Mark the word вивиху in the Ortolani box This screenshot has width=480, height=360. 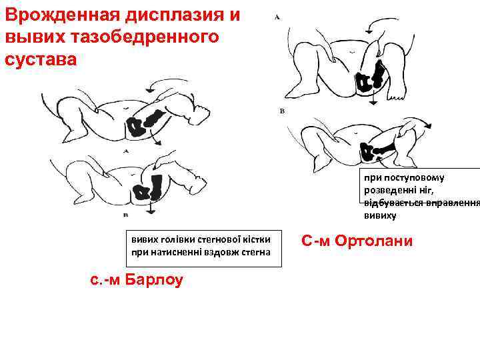tap(380, 215)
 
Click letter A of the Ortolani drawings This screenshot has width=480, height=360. tap(277, 18)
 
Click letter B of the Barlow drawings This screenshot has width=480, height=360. tap(126, 215)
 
